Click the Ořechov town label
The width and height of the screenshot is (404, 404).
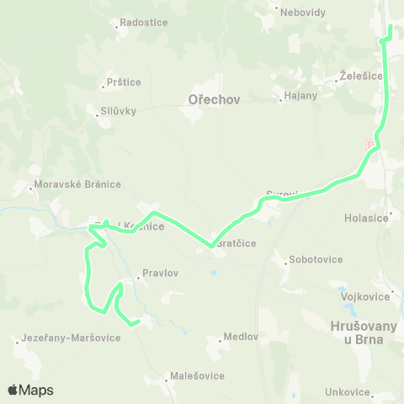click(210, 99)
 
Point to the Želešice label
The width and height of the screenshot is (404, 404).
click(362, 76)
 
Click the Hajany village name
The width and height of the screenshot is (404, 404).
click(300, 95)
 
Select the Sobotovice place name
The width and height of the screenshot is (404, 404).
click(316, 259)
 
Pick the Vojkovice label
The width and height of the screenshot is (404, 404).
click(365, 296)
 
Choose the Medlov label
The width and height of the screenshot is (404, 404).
click(240, 337)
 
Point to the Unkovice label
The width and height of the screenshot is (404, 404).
click(348, 392)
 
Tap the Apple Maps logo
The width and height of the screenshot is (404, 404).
click(30, 391)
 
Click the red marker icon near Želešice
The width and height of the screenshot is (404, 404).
click(371, 146)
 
